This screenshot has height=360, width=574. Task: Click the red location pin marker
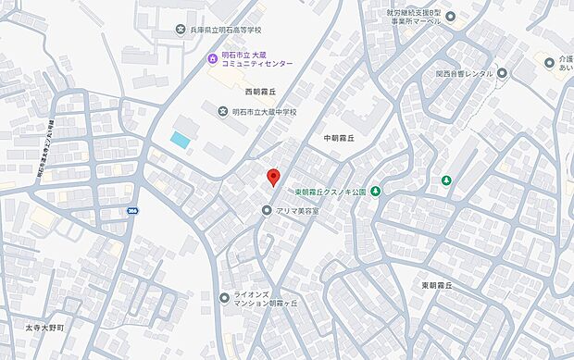click(272, 178)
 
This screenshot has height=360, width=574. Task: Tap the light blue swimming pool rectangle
click(181, 140)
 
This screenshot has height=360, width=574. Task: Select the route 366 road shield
click(132, 211)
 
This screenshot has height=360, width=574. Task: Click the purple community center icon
click(212, 59)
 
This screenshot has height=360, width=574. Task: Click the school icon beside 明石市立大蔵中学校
click(222, 112)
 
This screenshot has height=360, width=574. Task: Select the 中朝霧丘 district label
click(342, 138)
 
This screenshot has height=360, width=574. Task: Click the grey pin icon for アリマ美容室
click(268, 211)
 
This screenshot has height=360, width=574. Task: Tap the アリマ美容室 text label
click(297, 211)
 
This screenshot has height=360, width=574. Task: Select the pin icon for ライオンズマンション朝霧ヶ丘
click(224, 298)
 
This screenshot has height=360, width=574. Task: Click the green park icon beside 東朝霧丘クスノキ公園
click(376, 192)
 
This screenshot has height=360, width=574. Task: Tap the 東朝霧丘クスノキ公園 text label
click(331, 192)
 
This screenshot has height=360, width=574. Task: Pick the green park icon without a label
click(446, 180)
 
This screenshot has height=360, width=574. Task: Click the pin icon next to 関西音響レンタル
click(502, 73)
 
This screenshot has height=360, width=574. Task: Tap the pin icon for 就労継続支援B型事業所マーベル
click(451, 16)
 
